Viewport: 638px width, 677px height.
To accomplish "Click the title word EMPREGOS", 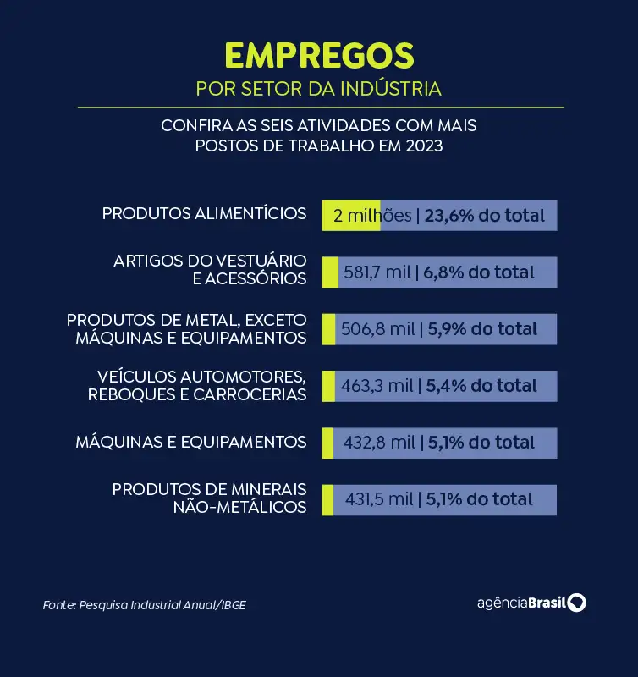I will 319,55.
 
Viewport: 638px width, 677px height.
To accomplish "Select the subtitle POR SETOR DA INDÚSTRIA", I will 319,89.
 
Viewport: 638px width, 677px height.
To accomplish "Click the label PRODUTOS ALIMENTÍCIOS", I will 204,213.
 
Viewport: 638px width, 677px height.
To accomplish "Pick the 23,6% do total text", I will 485,216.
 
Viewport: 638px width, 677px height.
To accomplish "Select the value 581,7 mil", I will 377,272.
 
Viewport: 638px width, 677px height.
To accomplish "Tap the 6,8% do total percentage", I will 480,272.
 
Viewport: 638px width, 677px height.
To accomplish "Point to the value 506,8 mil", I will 377,329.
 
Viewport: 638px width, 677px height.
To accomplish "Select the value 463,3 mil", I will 377,386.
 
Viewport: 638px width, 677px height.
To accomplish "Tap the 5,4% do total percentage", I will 481,386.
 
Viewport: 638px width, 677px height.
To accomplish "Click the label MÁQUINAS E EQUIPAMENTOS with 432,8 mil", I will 190,442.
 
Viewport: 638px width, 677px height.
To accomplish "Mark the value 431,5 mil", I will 379,499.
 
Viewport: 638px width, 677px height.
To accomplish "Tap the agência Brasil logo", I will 531,603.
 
